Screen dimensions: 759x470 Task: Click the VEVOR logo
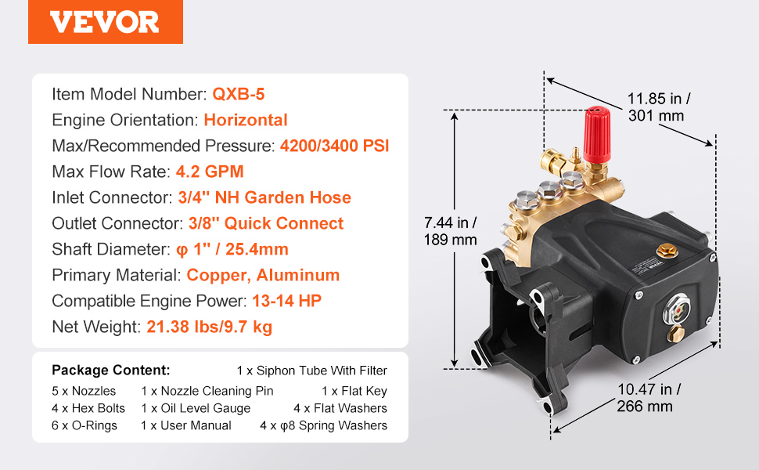(x=105, y=22)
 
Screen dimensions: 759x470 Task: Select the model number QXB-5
(x=239, y=94)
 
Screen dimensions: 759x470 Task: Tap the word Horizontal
(x=246, y=120)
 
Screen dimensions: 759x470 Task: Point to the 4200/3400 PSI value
(x=334, y=146)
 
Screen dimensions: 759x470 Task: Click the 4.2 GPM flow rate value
(x=210, y=172)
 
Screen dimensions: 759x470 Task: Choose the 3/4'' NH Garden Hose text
(x=264, y=197)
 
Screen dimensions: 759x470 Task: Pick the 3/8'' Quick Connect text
(x=266, y=223)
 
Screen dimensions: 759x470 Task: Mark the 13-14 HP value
(x=286, y=301)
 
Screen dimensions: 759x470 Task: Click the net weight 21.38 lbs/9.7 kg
(x=210, y=327)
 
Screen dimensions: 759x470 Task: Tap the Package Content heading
(x=111, y=371)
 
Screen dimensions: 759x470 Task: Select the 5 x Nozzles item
(x=84, y=391)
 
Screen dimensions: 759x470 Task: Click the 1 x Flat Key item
(x=354, y=391)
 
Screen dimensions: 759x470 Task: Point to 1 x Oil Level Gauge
(x=196, y=408)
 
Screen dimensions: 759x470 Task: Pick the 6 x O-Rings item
(x=85, y=425)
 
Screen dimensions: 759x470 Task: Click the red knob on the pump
(x=596, y=134)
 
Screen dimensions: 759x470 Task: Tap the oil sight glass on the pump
(x=677, y=310)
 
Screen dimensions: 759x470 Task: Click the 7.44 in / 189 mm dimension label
(x=450, y=231)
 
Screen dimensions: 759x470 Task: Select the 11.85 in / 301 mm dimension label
(x=659, y=107)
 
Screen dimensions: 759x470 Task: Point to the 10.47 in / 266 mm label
(x=649, y=397)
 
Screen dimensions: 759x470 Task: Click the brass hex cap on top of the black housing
(x=667, y=251)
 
